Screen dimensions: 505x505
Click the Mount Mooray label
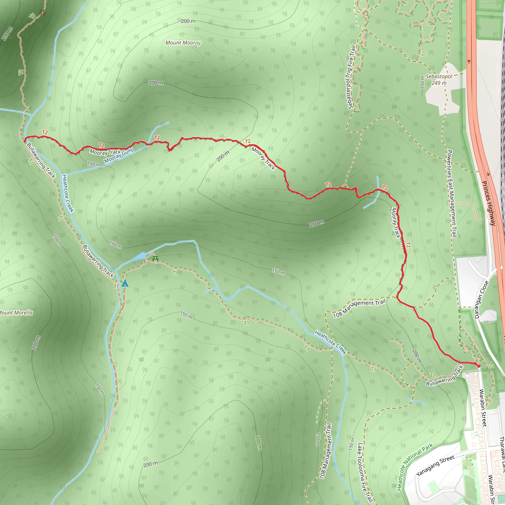tap(183, 43)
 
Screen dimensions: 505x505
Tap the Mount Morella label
tap(16, 313)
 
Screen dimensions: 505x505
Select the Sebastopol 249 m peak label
tap(439, 80)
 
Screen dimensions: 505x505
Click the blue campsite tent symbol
tap(125, 283)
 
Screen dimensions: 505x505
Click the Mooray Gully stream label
tap(119, 156)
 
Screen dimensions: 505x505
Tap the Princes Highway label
tap(488, 203)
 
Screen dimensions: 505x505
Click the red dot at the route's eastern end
tap(479, 367)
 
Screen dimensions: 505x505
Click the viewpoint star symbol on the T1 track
tap(42, 13)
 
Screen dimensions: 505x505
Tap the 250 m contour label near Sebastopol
tap(422, 82)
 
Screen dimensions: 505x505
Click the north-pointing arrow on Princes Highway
tap(469, 62)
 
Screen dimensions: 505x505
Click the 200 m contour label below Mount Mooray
tap(156, 83)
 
